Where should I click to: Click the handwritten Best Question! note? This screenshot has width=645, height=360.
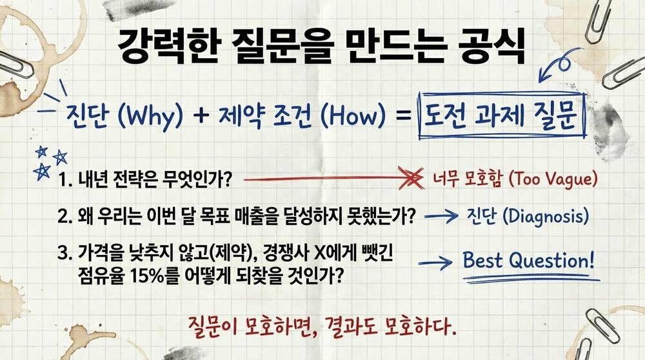(528, 261)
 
